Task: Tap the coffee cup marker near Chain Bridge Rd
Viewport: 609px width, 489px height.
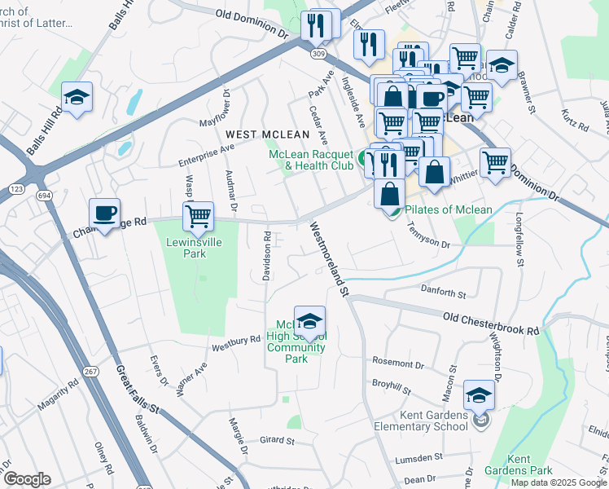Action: [x=104, y=214]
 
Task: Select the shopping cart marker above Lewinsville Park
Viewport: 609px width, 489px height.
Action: [x=198, y=217]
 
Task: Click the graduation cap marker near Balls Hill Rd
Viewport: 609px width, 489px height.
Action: [x=77, y=98]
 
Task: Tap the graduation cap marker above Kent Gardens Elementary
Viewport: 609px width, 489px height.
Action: [x=479, y=395]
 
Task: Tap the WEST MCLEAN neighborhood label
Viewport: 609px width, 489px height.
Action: [x=268, y=134]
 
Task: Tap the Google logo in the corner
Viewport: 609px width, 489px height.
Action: [x=27, y=479]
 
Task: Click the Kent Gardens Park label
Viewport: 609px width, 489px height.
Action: [x=529, y=465]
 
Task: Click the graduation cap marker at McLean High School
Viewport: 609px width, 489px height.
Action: [x=309, y=321]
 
